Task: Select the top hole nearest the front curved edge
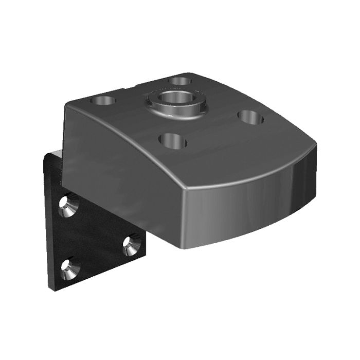coord(173,140)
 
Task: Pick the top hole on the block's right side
coord(251,118)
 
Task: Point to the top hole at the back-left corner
coord(103,99)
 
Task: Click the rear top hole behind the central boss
coord(181,80)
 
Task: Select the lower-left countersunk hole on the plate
coord(67,268)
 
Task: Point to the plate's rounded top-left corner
coord(46,155)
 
